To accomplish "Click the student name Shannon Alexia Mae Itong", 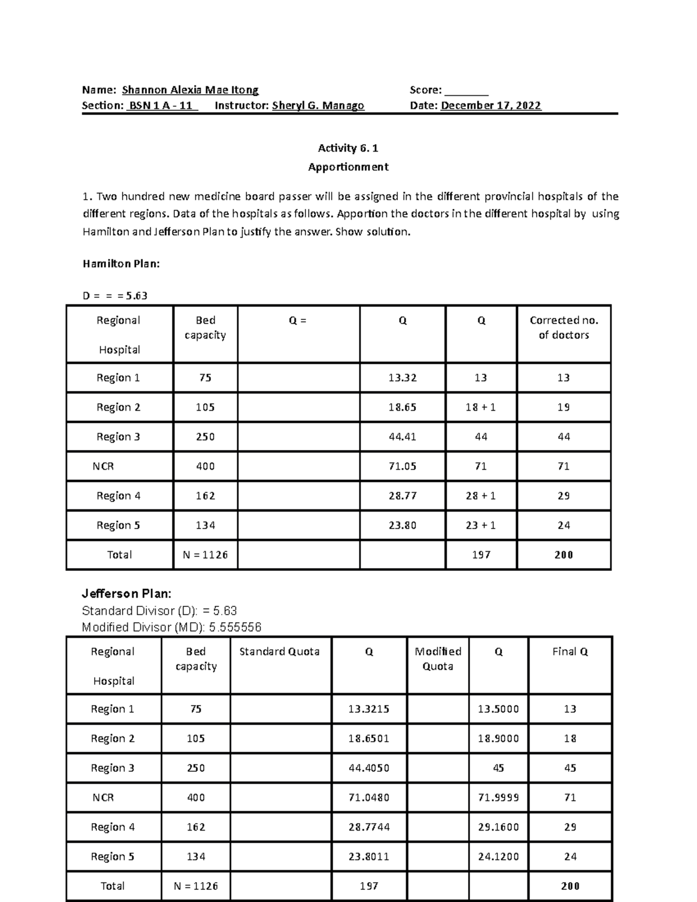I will tap(190, 90).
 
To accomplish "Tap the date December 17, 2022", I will tap(491, 106).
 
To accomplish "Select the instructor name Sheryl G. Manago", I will tap(318, 106).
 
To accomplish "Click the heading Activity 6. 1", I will tap(348, 148).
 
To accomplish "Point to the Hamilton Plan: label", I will tap(121, 264).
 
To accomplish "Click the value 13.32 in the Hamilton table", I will tap(403, 378).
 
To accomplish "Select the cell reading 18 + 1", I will tap(481, 408).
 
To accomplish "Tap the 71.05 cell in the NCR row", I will tap(403, 466).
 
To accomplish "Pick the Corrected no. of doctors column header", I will tap(563, 328).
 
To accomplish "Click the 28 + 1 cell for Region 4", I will tap(481, 496).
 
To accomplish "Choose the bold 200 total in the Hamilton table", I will tap(563, 555).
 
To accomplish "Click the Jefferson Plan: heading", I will tap(127, 594).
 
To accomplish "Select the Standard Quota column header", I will tap(279, 652).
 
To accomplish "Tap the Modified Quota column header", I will tap(438, 659).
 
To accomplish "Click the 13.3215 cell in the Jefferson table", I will tap(369, 709).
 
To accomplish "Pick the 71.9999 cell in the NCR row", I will tap(498, 798).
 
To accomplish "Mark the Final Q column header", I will tap(570, 652).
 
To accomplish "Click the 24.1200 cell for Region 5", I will tap(498, 857).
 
